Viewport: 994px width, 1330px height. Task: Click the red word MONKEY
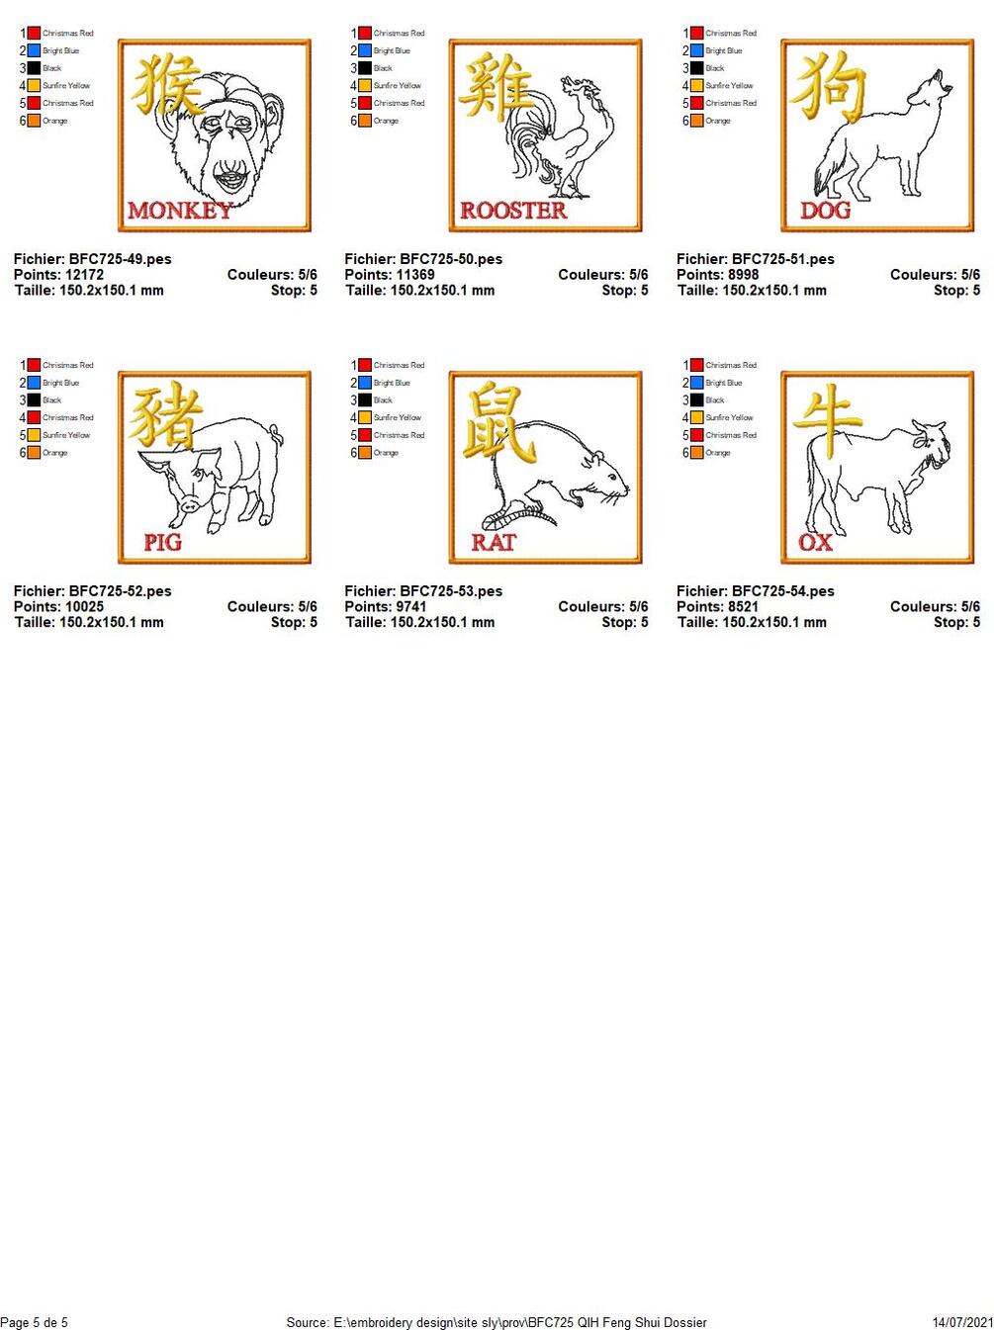(x=180, y=211)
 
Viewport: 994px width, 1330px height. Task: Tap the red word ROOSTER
(x=513, y=211)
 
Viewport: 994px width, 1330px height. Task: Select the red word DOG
(x=825, y=211)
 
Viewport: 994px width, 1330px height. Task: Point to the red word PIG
(x=162, y=542)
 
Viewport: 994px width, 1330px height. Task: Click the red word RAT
(x=494, y=542)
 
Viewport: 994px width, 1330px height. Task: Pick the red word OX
(x=815, y=542)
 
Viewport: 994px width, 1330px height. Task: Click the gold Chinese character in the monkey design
(x=166, y=84)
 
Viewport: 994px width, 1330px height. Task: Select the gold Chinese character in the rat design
(x=498, y=422)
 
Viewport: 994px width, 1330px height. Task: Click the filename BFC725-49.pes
(x=120, y=259)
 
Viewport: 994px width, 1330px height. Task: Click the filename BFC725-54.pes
(x=782, y=590)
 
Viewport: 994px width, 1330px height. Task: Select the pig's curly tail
(x=276, y=436)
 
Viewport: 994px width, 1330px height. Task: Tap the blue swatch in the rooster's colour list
(x=364, y=50)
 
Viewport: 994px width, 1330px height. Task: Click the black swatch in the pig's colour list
(x=34, y=399)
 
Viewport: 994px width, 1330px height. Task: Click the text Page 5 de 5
(x=34, y=1321)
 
